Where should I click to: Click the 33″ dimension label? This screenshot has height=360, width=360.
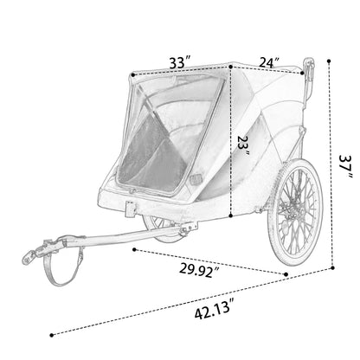(x=180, y=62)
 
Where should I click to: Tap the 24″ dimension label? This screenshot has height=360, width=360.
(x=269, y=62)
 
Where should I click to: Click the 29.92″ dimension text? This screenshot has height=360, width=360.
(x=199, y=270)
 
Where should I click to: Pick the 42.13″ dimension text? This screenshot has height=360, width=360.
(x=213, y=310)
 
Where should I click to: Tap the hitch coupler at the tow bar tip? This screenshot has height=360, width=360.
(x=34, y=253)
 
